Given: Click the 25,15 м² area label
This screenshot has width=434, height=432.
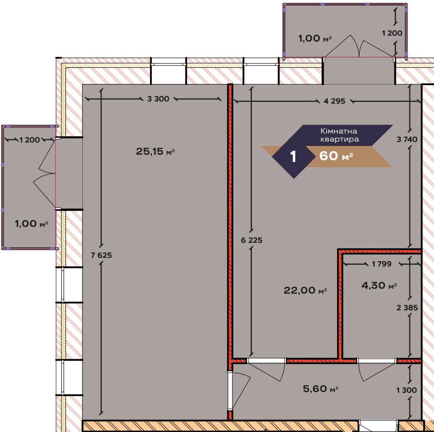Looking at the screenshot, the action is [x=155, y=152].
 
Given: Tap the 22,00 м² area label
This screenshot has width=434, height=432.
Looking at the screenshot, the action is [x=305, y=290].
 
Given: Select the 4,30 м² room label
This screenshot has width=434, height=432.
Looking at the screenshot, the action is [x=379, y=286].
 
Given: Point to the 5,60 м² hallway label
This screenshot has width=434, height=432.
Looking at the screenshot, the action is [x=321, y=389].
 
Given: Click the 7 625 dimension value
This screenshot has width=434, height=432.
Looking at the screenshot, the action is [x=101, y=255].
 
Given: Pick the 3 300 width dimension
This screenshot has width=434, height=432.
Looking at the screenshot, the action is [x=158, y=99].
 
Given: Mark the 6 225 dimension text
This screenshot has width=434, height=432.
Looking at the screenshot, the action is [x=252, y=240].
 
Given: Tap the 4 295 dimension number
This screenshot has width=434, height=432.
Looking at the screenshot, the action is [x=334, y=101].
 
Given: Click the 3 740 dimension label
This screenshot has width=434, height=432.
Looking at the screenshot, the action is [x=407, y=139].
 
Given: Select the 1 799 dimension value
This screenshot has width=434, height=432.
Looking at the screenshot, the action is [x=381, y=264].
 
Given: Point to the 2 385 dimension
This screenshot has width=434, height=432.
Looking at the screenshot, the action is [x=407, y=308].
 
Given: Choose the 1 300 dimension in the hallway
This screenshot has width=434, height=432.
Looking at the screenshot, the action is [x=406, y=390].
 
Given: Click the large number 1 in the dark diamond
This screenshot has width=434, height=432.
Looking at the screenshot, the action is [x=293, y=156].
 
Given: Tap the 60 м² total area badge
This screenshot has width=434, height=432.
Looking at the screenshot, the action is [x=336, y=156].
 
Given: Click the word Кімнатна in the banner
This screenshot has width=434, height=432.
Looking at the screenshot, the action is [x=339, y=131].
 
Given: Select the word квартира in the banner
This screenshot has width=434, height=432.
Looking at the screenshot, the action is [x=340, y=139].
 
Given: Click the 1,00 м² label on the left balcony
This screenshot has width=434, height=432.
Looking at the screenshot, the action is [x=32, y=224].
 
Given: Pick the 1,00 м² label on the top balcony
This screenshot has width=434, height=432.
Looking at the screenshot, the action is [x=315, y=38].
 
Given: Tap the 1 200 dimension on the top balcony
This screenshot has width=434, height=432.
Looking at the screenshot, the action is [x=392, y=33].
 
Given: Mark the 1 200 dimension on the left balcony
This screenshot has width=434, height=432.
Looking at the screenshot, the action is [x=29, y=140].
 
